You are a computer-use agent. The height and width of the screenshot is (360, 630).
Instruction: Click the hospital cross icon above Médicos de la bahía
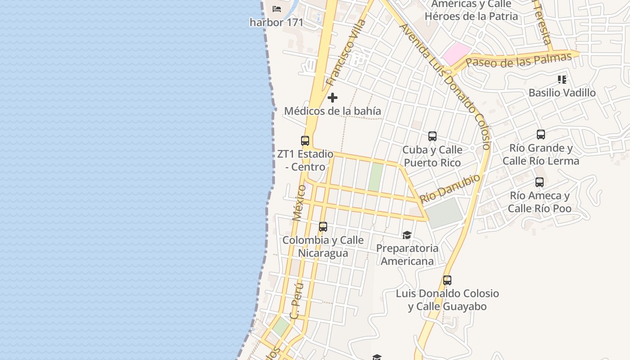(333, 98)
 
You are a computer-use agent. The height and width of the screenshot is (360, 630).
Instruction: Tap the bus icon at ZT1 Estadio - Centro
(305, 141)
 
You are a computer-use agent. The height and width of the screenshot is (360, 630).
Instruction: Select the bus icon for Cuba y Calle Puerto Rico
(432, 136)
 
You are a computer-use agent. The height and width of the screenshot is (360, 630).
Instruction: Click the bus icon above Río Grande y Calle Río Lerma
(541, 135)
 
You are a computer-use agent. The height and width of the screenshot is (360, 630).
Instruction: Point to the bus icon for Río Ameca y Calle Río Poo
(540, 182)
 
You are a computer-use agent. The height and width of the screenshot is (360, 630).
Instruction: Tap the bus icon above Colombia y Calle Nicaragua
(323, 227)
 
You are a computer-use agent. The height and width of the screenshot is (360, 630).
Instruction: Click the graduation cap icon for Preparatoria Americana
(407, 235)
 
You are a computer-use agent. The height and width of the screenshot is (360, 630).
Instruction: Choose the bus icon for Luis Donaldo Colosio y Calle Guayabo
(447, 280)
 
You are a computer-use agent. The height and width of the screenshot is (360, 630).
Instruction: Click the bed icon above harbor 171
(277, 9)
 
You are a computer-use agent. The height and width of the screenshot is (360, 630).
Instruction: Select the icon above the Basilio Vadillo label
(562, 80)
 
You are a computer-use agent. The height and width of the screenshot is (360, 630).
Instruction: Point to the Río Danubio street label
(450, 188)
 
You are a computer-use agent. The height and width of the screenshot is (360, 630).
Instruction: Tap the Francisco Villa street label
(346, 53)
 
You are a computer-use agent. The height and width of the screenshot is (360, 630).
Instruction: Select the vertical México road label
(298, 202)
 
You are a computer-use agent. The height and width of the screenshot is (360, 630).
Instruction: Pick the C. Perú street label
(297, 300)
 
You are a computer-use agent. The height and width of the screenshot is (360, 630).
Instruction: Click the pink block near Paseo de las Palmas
(456, 54)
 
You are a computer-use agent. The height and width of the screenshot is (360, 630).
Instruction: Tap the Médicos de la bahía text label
(333, 111)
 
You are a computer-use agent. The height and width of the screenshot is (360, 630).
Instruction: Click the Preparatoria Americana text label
(407, 255)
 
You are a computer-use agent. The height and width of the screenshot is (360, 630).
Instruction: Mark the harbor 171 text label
(277, 22)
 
